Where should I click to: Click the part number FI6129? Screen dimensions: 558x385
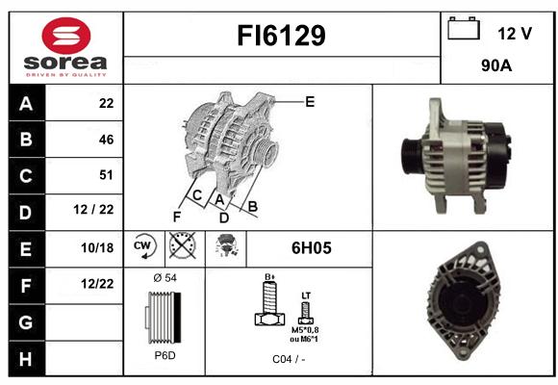click(x=281, y=36)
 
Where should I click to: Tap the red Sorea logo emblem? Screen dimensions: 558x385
click(x=66, y=36)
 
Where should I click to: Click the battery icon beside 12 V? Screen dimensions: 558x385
click(x=464, y=28)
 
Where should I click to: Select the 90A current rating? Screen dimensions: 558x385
click(x=496, y=65)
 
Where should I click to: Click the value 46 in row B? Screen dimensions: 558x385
click(x=107, y=140)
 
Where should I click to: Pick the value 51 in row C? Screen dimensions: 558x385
click(x=107, y=175)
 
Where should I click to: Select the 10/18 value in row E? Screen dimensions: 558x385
click(x=97, y=247)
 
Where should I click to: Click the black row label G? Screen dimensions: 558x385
click(x=27, y=322)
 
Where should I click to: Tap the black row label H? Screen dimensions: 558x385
click(x=27, y=359)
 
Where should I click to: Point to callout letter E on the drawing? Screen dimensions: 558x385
click(x=310, y=102)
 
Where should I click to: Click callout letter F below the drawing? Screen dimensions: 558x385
click(x=177, y=217)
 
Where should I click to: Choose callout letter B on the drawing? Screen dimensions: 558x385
click(x=252, y=206)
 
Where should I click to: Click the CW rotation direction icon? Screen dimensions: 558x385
click(x=144, y=246)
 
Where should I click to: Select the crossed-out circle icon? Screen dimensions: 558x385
click(x=182, y=245)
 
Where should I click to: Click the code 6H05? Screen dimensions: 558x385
click(x=312, y=248)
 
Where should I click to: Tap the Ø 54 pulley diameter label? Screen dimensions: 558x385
click(x=165, y=278)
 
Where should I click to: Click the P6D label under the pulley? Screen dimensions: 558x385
click(x=165, y=355)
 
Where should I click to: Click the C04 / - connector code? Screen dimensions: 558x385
click(x=289, y=359)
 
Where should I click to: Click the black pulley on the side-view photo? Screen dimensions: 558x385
click(x=413, y=156)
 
